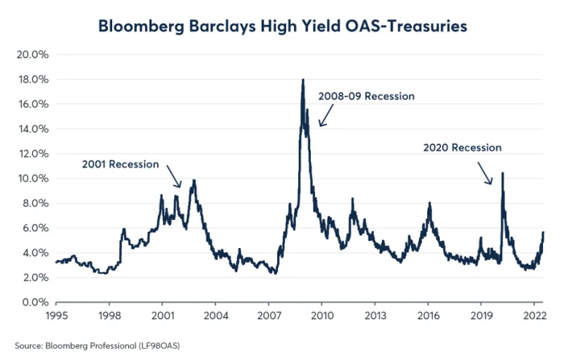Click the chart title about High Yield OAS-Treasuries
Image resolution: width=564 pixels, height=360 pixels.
pos(283,26)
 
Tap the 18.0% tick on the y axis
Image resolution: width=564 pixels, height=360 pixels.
pos(32,80)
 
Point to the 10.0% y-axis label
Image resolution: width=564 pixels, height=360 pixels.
pos(32,179)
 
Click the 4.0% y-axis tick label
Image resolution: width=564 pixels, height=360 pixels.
pos(34,253)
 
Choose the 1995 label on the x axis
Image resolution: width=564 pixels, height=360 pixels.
pos(56,317)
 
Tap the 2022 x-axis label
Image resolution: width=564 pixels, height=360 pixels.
pos(533,317)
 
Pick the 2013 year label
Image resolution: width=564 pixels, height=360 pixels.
pos(374,317)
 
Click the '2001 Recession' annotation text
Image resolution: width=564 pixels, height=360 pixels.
pos(121,164)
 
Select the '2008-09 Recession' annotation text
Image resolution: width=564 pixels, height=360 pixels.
pos(367,96)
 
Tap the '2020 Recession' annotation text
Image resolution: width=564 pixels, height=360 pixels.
pos(462,148)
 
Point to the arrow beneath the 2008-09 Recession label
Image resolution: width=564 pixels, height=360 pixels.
pos(324,116)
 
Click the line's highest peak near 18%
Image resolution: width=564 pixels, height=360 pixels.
pos(303,80)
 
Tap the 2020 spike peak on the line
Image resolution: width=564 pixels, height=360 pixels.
pos(502,173)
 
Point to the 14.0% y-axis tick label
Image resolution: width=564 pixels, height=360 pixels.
pos(32,129)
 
